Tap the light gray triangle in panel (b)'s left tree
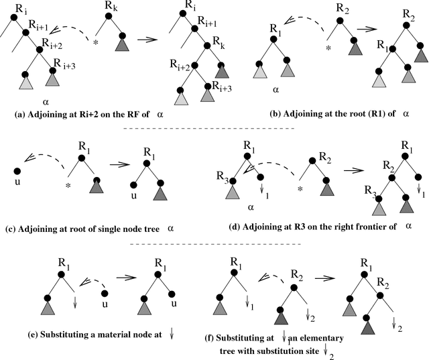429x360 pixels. tap(260, 72)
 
